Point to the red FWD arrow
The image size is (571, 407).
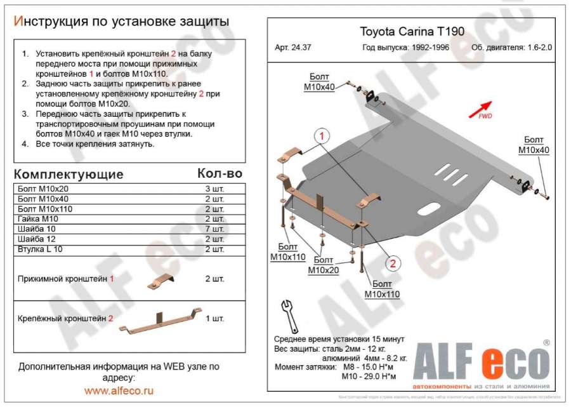481,109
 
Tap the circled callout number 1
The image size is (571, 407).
322,137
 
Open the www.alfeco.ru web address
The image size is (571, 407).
119,391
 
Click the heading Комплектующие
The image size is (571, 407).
69,174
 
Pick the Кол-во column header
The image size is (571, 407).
220,173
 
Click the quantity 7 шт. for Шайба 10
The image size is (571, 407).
214,229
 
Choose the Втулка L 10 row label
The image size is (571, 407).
46,250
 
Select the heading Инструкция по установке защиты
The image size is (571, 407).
121,21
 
